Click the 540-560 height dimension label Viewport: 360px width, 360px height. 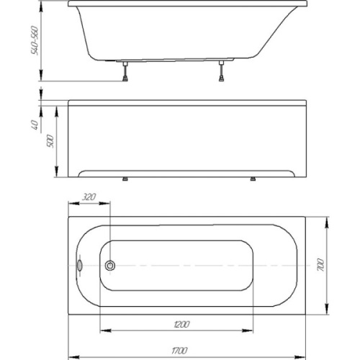coord(35,40)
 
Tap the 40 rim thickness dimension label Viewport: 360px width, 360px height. coord(35,125)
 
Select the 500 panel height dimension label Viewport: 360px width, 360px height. coord(50,141)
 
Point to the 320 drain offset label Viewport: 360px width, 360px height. coord(89,197)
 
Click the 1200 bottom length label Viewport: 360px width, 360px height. coord(181,325)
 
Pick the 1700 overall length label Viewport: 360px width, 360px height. coord(179,351)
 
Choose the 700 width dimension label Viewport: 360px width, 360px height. coord(321,265)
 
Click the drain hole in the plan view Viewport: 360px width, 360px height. coord(110,266)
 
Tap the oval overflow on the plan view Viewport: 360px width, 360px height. coord(79,266)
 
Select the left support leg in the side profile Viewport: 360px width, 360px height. coord(125,71)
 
